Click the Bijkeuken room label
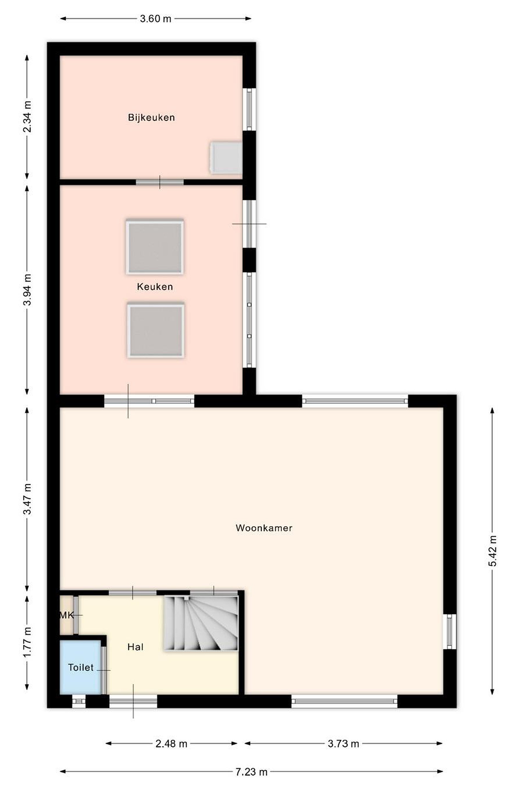[151, 117]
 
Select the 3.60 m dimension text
[155, 19]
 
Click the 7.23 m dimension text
[251, 772]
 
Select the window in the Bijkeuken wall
[249, 109]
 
